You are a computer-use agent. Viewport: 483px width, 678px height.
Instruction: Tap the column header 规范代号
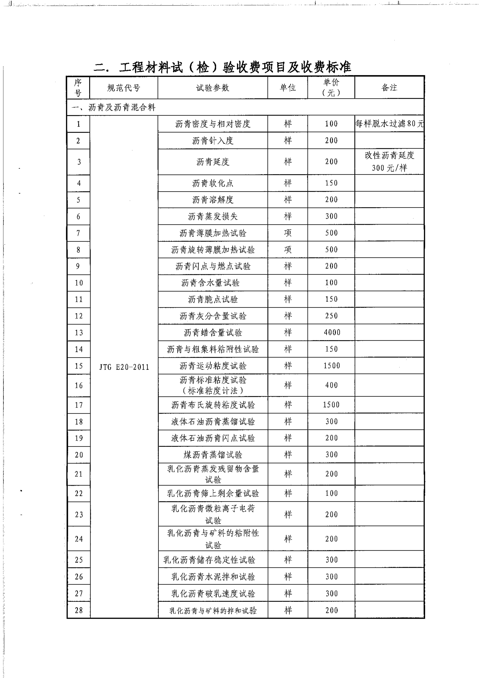click(123, 88)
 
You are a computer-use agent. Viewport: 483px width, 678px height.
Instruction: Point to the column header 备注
click(389, 88)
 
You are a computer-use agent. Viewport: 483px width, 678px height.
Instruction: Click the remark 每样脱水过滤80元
click(389, 124)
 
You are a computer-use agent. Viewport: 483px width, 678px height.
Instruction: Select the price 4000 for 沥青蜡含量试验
click(332, 332)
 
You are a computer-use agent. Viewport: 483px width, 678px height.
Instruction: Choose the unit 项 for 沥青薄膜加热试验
click(288, 233)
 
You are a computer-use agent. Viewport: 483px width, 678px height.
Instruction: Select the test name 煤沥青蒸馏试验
click(213, 455)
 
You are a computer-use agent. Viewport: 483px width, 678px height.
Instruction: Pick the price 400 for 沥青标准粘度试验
click(331, 385)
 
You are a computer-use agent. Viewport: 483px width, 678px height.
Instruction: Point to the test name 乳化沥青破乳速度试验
click(213, 594)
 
